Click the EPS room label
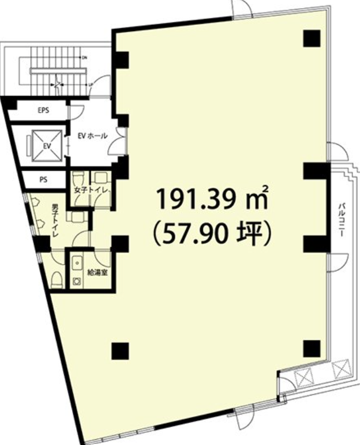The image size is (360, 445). point(43,110)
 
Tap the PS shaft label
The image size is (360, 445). point(43,180)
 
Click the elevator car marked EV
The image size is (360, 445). point(47,146)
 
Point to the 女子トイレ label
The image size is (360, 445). point(91,190)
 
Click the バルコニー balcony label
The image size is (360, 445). point(341,220)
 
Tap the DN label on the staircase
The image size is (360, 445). point(84,58)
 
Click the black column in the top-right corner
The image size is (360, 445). point(312,38)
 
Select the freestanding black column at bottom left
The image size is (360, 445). point(120,351)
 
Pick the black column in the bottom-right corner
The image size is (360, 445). point(312,349)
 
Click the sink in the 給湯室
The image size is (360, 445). point(77,263)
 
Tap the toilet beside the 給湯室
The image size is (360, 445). point(57,280)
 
